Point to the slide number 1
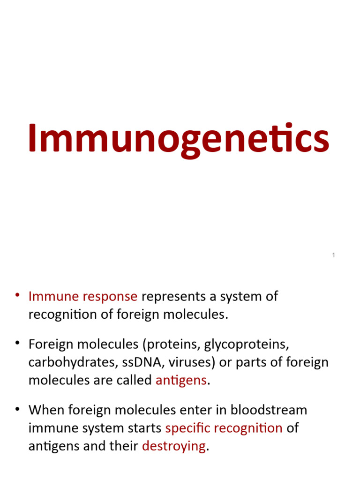pos(333,255)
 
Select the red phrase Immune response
pos(83,297)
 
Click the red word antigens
pos(181,380)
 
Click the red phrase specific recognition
pos(224,428)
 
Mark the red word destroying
pos(173,446)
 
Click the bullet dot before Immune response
pos(17,295)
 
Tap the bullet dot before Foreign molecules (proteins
pos(17,344)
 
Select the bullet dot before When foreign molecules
pos(17,409)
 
